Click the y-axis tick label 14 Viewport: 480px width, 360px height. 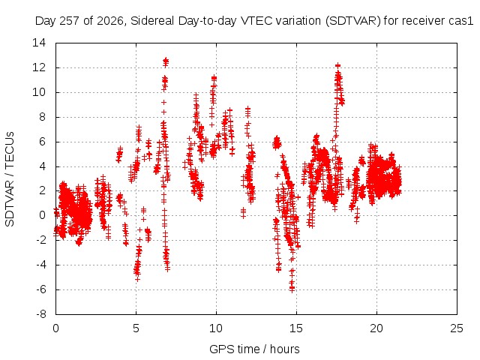coord(39,43)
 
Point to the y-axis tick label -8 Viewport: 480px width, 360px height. coord(40,314)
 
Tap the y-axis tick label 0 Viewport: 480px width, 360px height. coord(42,215)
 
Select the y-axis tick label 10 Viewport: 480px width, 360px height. coord(39,92)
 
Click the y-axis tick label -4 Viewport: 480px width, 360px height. coord(40,265)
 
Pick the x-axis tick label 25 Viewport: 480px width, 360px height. coord(457,328)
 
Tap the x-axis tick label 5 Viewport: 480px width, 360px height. coord(136,328)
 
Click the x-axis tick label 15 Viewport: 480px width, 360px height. coord(296,328)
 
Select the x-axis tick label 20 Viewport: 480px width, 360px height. coord(376,328)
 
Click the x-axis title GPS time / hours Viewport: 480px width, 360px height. coord(254,349)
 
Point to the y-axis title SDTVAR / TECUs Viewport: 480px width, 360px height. coord(10,179)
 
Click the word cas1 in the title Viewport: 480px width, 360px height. coord(463,21)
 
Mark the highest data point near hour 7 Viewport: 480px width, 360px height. coord(166,59)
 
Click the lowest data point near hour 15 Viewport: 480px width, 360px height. coord(292,290)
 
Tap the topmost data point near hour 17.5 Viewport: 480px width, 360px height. coord(337,65)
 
